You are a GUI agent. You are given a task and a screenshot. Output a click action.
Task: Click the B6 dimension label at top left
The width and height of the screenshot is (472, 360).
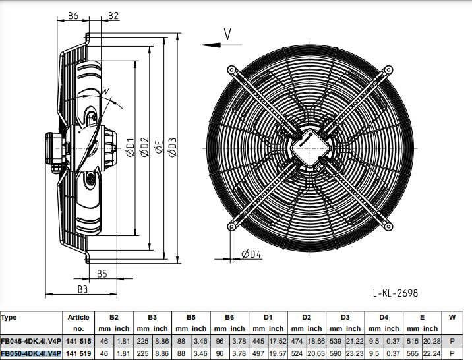click(73, 15)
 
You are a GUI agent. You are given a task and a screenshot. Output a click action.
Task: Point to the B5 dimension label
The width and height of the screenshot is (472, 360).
click(102, 273)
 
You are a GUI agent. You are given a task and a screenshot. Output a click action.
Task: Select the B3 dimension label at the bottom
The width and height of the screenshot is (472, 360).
click(82, 289)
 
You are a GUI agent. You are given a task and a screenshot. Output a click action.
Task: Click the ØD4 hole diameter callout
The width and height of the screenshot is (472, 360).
click(251, 255)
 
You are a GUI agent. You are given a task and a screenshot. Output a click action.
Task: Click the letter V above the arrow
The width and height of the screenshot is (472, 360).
click(227, 33)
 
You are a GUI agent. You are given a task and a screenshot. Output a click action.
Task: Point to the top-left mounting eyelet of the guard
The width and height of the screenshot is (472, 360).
click(231, 69)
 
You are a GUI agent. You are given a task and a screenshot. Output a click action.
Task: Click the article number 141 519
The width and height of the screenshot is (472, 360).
click(78, 353)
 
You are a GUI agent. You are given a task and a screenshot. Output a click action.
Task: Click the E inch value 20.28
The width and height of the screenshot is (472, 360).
click(432, 341)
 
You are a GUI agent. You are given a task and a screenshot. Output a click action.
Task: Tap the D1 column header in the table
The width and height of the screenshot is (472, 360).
click(268, 317)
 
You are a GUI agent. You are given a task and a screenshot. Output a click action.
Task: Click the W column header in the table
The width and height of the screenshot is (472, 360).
click(452, 317)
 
